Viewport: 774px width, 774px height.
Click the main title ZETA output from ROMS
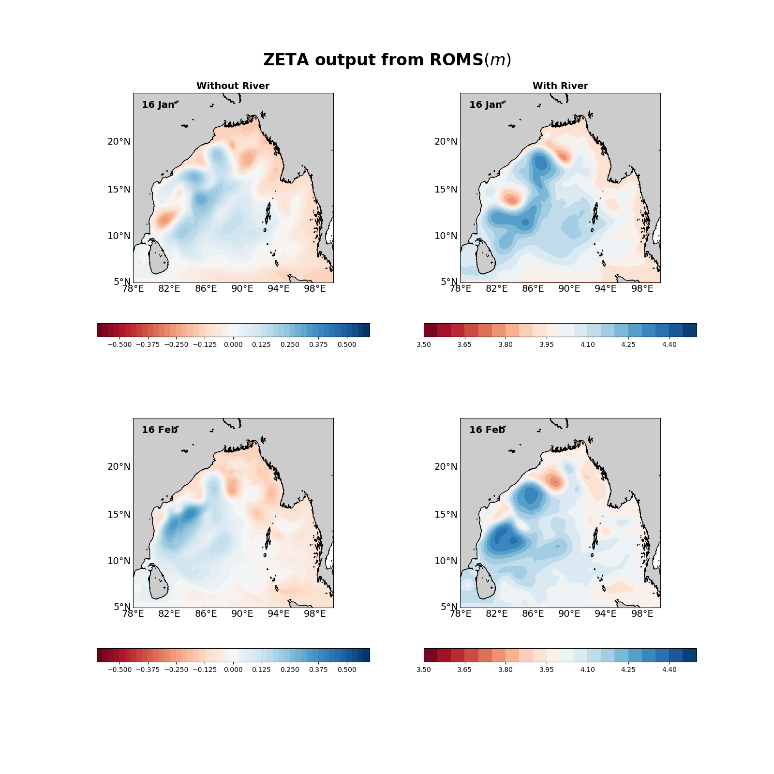tap(387, 60)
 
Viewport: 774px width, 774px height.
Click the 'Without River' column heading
tap(233, 86)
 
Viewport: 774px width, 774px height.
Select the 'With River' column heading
tap(560, 86)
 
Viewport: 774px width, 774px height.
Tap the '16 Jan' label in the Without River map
tap(158, 104)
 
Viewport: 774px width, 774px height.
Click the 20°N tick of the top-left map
tap(119, 142)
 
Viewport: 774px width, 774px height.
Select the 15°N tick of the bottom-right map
tap(446, 514)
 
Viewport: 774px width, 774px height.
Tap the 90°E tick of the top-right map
tap(569, 289)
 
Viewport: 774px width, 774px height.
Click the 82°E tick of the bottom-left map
tap(169, 614)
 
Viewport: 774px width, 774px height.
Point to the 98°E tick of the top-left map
tap(315, 289)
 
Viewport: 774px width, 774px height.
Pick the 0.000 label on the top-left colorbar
tap(233, 345)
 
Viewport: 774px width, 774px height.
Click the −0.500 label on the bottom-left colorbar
tap(119, 670)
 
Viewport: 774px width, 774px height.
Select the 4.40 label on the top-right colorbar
tap(670, 345)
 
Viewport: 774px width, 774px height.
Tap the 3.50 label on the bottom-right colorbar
tap(424, 670)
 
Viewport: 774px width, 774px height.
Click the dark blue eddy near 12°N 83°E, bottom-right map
tap(503, 538)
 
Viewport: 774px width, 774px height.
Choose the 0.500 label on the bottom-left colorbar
tap(347, 670)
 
